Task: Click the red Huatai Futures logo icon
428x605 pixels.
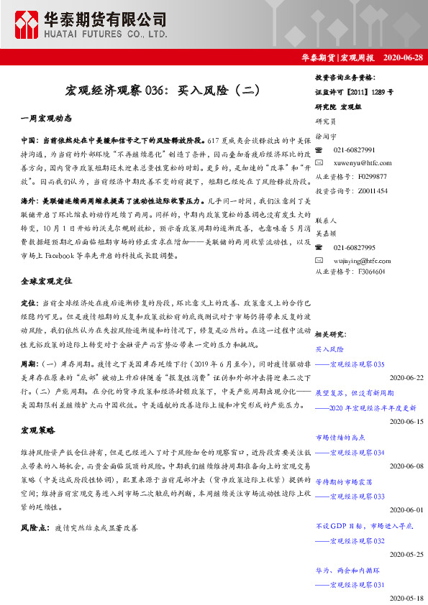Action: (29, 24)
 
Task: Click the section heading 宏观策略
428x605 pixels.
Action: (37, 430)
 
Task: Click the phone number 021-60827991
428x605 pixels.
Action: (354, 149)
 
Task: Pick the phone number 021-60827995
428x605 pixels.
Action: (354, 246)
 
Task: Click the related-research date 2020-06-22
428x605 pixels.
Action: (406, 377)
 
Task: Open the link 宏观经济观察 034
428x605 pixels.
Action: (357, 453)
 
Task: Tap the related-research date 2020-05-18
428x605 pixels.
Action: (406, 598)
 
